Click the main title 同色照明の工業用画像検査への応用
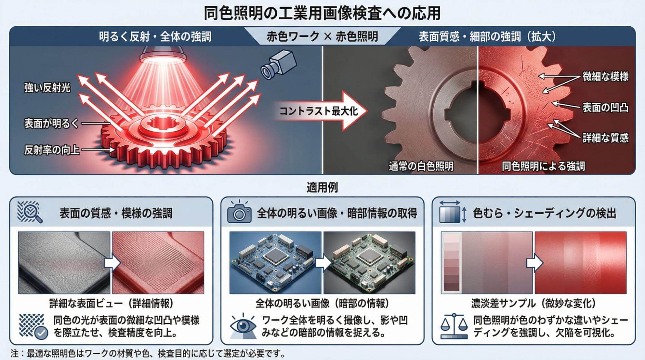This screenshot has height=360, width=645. (x=322, y=14)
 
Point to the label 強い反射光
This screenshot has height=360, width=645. (x=47, y=88)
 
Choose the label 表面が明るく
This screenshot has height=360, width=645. (x=52, y=124)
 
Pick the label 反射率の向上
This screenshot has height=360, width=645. (x=52, y=150)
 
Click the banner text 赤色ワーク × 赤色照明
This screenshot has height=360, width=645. (x=322, y=36)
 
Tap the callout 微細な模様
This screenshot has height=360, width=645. (x=606, y=77)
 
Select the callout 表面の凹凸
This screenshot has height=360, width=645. (x=606, y=107)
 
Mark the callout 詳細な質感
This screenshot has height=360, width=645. (x=606, y=138)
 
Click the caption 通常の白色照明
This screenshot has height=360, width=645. (x=421, y=166)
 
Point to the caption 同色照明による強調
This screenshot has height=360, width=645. (x=544, y=166)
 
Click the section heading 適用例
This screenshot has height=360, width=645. (x=322, y=187)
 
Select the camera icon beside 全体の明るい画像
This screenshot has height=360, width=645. (x=239, y=212)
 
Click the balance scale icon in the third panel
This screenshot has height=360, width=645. (x=454, y=325)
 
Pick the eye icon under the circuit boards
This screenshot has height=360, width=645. (x=243, y=325)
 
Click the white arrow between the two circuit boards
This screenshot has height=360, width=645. (x=322, y=263)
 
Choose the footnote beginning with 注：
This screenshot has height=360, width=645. (x=148, y=354)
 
